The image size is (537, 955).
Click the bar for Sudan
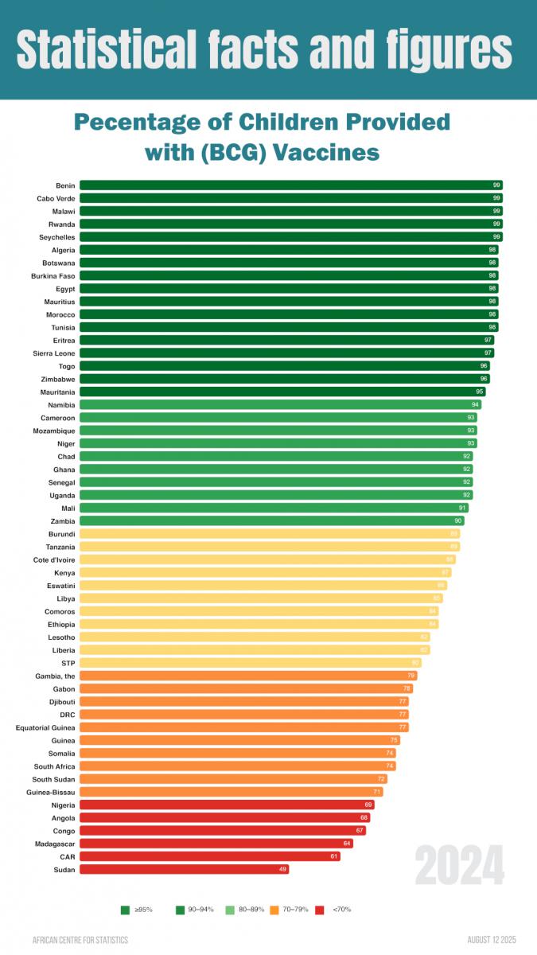pos(184,870)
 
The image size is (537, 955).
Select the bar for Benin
pos(290,185)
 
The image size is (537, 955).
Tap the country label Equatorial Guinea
pos(45,727)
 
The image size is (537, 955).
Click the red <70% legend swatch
pos(320,909)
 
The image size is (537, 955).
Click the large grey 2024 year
pos(459,866)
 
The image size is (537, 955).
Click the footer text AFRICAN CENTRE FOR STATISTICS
pos(80,940)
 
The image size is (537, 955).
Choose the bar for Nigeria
pos(226,805)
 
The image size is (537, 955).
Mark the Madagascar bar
pos(216,844)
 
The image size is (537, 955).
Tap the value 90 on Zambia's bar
pos(457,520)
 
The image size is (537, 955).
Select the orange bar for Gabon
pos(246,688)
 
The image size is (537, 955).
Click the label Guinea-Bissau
pos(53,792)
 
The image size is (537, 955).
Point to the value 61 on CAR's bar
pos(334,856)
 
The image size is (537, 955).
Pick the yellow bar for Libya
pos(260,598)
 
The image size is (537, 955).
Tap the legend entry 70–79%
pos(295,909)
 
